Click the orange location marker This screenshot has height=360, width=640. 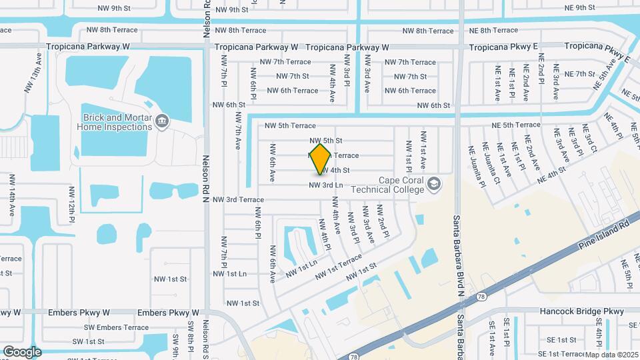click(321, 159)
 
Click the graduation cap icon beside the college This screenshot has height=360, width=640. click(434, 182)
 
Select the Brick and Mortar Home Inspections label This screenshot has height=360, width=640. click(115, 121)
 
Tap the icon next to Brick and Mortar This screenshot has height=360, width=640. click(162, 121)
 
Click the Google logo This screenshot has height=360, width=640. click(22, 351)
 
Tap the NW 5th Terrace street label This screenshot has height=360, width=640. click(290, 125)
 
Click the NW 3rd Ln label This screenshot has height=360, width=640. click(325, 185)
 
